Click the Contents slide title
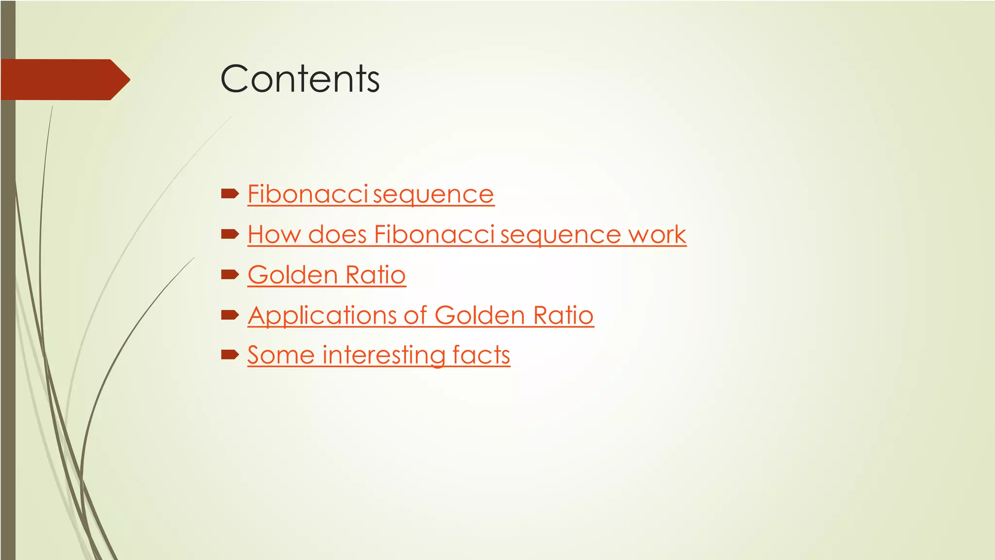tap(300, 79)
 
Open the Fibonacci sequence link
tap(370, 194)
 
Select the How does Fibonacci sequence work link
tap(466, 235)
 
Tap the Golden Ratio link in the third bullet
tap(326, 275)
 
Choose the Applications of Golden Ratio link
tap(420, 315)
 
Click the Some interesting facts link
tap(378, 355)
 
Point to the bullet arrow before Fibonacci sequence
tap(230, 194)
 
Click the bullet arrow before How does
tap(230, 235)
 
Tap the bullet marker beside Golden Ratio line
tap(230, 275)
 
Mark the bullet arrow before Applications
tap(230, 315)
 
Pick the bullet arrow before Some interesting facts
tap(230, 355)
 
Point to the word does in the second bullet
tap(337, 235)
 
